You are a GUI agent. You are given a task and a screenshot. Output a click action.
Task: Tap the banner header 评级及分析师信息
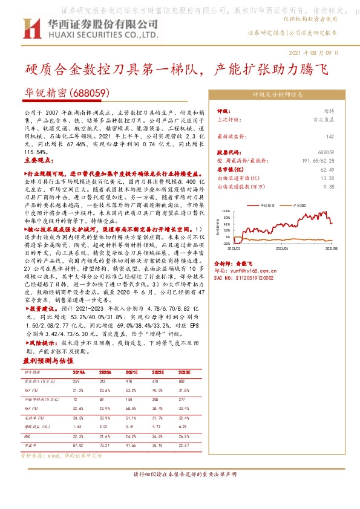[x=278, y=95]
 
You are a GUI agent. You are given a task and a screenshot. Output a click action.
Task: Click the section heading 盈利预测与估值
[x=45, y=360]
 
